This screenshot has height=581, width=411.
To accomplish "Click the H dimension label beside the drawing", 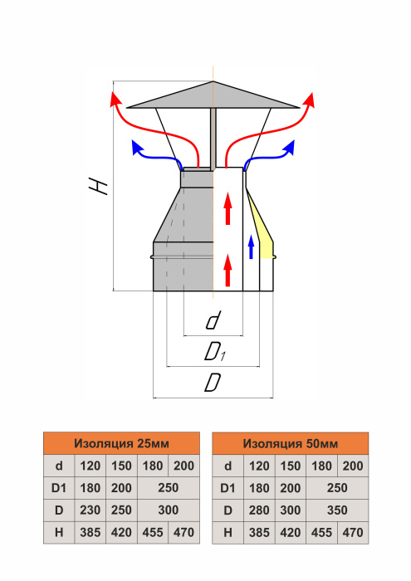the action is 98,185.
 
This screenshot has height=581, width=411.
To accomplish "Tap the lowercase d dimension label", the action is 213,320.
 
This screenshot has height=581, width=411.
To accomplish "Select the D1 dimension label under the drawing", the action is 215,351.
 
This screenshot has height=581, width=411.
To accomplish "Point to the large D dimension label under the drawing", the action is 213,383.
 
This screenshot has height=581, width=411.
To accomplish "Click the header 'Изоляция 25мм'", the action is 121,443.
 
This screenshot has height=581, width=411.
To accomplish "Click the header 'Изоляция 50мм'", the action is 290,443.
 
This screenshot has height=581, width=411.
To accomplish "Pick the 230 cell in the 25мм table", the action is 90,510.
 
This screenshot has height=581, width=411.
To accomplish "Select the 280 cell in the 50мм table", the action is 259,510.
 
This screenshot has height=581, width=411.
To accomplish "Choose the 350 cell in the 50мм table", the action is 337,510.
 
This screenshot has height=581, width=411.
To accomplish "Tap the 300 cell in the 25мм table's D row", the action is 169,510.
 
